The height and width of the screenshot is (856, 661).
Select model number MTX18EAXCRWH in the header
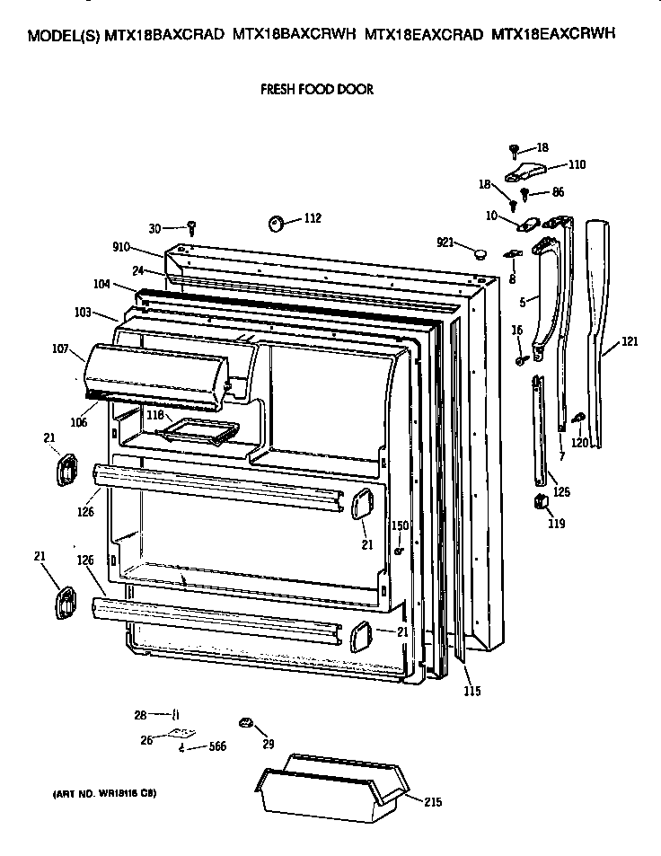pyautogui.click(x=553, y=37)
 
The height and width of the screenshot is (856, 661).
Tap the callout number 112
pyautogui.click(x=312, y=218)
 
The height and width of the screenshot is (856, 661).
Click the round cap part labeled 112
pyautogui.click(x=277, y=221)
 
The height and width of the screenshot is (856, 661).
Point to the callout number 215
pyautogui.click(x=432, y=802)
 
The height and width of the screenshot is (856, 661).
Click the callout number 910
pyautogui.click(x=121, y=248)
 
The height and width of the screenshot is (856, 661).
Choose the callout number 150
pyautogui.click(x=400, y=525)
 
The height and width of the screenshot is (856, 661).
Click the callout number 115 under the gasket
pyautogui.click(x=472, y=691)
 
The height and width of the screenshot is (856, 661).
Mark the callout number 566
pyautogui.click(x=216, y=746)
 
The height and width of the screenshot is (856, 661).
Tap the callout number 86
pyautogui.click(x=557, y=192)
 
